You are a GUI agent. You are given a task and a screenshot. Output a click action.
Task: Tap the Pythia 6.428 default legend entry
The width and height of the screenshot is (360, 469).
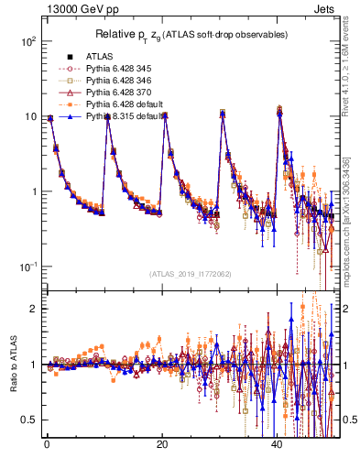click(122, 104)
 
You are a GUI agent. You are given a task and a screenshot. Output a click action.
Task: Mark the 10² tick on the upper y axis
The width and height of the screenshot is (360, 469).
click(29, 42)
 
